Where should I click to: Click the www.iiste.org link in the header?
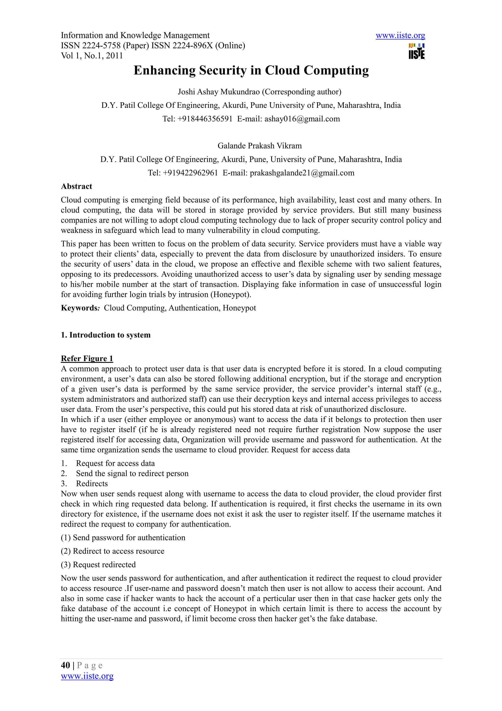click(400, 36)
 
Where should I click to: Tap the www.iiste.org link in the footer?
click(87, 676)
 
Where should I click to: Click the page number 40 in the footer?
click(65, 665)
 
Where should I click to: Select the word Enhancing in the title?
click(164, 71)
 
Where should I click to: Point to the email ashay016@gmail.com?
click(302, 119)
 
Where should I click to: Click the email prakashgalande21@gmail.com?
click(302, 173)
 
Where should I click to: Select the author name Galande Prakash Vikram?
click(260, 146)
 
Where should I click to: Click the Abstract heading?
click(76, 186)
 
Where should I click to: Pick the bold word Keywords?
click(79, 308)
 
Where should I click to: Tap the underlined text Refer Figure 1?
click(87, 359)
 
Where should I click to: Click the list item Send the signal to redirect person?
click(132, 474)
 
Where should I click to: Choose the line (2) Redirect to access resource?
click(113, 551)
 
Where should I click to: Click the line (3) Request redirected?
click(98, 565)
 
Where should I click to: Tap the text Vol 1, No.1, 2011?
click(92, 56)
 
